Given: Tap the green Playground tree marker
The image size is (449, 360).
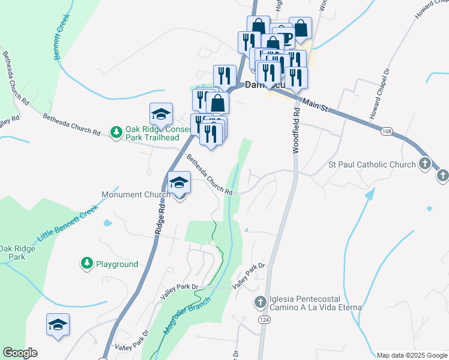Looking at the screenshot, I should [x=87, y=263].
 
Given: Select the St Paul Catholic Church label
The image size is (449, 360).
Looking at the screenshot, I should [x=372, y=164].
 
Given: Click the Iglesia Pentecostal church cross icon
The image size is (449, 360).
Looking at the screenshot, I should [x=260, y=302].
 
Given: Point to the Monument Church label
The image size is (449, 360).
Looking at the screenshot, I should [x=136, y=194].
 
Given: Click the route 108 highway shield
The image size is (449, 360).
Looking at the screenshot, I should [x=387, y=130].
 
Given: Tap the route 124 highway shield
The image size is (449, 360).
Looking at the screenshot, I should [x=264, y=338].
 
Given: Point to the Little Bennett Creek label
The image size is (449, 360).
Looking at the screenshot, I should [x=67, y=223].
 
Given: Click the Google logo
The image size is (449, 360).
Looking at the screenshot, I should [x=20, y=353].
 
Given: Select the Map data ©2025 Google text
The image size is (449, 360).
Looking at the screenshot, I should [x=411, y=355].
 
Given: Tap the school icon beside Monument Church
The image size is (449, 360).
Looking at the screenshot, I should [x=179, y=182].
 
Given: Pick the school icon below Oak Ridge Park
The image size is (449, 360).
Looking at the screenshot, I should [x=58, y=325].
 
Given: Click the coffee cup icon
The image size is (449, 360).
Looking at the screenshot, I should [x=283, y=37].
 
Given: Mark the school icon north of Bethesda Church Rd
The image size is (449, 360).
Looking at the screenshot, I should [x=161, y=113].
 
